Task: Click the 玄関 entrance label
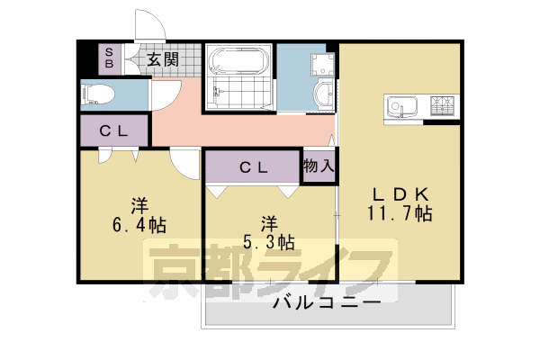click(162, 60)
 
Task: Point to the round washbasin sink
click(322, 94)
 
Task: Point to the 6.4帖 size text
click(138, 224)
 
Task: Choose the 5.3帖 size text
click(267, 241)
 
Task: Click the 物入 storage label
click(318, 166)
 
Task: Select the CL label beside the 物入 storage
click(252, 167)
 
